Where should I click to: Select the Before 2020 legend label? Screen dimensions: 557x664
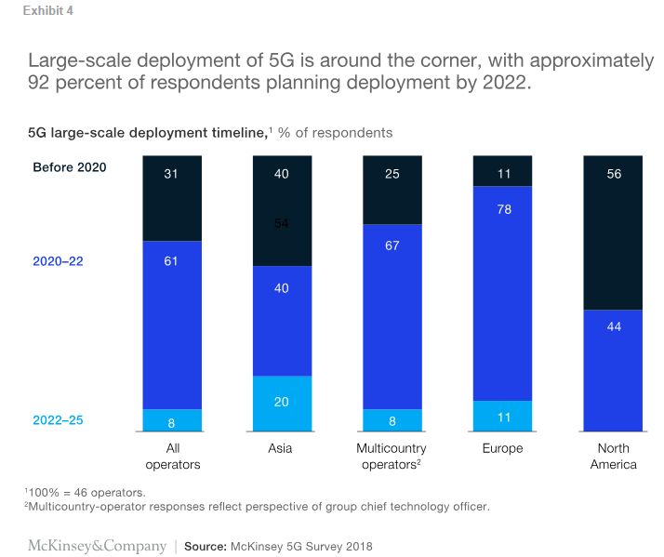tap(70, 167)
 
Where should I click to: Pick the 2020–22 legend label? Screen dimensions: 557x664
tap(58, 261)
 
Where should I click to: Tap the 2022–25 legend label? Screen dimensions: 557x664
tap(58, 419)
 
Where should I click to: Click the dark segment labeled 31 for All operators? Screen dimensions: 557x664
tap(171, 198)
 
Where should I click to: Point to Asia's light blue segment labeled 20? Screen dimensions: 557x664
tap(281, 404)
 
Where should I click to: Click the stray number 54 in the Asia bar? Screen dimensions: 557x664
tap(281, 223)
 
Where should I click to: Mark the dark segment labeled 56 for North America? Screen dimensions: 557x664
tap(612, 232)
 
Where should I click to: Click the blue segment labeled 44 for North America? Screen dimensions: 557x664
tap(612, 370)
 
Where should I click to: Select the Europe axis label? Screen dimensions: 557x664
tap(502, 448)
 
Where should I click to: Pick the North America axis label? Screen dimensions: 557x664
tap(613, 456)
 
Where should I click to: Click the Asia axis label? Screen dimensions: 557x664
tap(281, 448)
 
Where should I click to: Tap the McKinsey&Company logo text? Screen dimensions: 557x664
tap(97, 545)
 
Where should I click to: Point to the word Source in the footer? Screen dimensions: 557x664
tap(205, 546)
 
